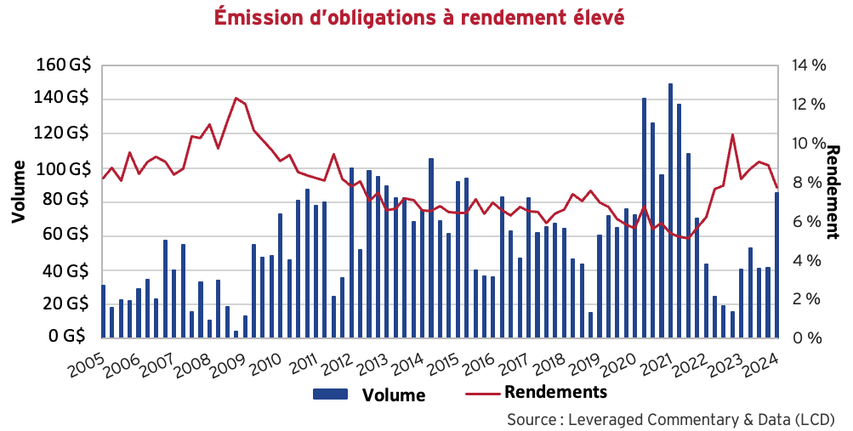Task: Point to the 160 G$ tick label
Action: (65, 65)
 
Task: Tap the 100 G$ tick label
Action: (65, 169)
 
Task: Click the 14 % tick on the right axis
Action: (807, 65)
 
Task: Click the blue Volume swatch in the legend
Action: (332, 394)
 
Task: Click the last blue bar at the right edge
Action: (776, 264)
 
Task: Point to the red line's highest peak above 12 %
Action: (236, 99)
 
